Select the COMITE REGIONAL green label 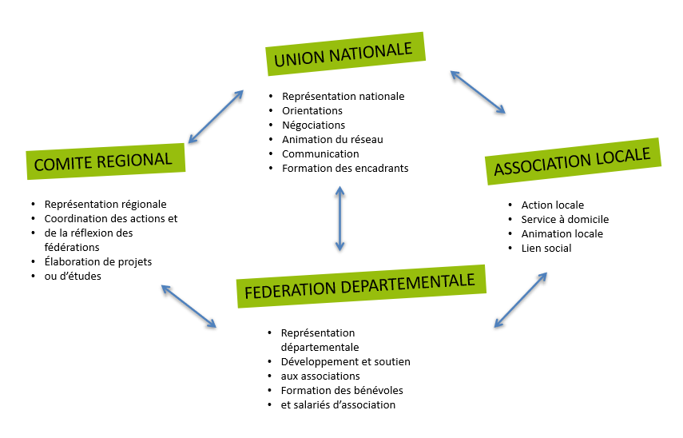(105, 161)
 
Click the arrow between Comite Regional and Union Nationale (215, 117)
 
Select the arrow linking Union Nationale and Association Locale (478, 91)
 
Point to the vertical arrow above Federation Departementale (340, 218)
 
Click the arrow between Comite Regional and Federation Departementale (189, 306)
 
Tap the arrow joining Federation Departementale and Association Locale (520, 300)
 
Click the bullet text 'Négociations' (313, 125)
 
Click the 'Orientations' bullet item (312, 110)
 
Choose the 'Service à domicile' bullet (565, 219)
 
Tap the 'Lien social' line (546, 248)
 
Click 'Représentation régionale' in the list (105, 204)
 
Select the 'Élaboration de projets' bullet (98, 261)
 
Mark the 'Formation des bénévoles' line (342, 390)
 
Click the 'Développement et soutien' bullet (345, 361)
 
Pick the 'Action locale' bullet (553, 205)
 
